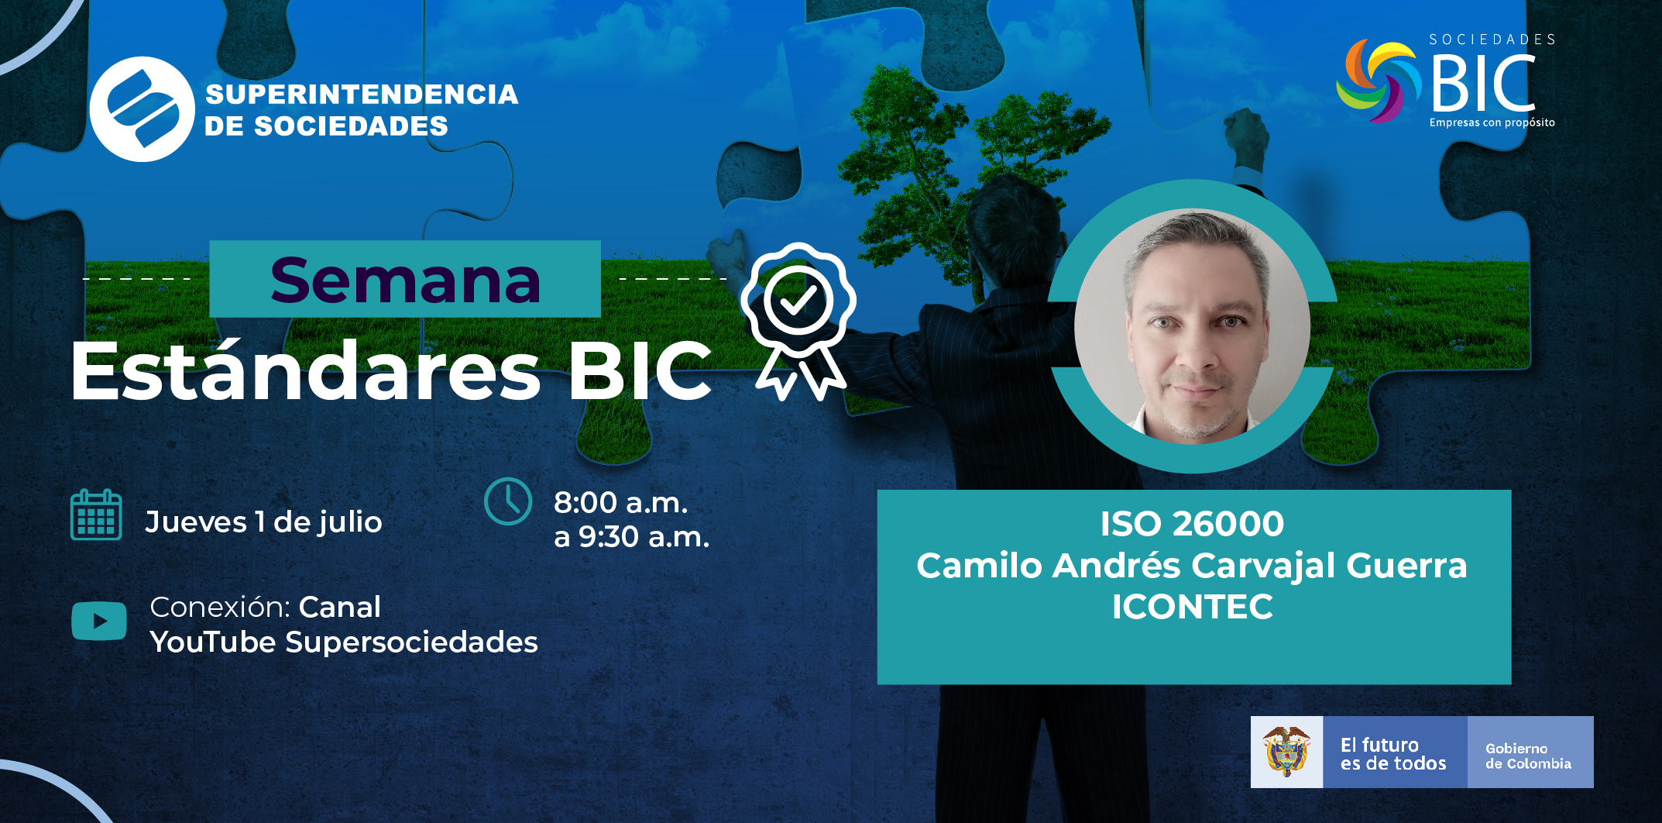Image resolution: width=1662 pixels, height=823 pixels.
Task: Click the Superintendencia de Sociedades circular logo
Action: [142, 109]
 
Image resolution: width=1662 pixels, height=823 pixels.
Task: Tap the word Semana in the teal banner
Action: [405, 280]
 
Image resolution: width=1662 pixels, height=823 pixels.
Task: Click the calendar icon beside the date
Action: [96, 515]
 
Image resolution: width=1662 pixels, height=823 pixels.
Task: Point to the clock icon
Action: [508, 501]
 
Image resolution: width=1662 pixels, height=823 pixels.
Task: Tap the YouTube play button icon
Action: [99, 621]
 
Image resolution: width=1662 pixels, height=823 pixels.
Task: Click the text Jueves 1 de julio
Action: [263, 522]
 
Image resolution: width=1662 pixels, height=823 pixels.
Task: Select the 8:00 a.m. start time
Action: [620, 502]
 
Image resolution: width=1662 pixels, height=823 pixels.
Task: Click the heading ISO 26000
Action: [1193, 524]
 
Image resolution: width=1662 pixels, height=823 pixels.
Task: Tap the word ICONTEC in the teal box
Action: [1193, 607]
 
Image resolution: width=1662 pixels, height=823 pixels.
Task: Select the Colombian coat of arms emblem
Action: [1286, 752]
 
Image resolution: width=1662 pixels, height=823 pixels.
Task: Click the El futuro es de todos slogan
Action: [1393, 754]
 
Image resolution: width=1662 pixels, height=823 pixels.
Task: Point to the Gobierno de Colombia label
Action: [1528, 756]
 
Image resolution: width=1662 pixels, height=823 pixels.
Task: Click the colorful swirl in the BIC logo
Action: [1379, 81]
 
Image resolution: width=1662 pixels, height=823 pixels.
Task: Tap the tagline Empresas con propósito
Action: [1492, 122]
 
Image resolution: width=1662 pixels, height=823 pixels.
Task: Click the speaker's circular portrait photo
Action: [1192, 326]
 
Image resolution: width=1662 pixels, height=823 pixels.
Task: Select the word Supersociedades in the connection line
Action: [411, 642]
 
